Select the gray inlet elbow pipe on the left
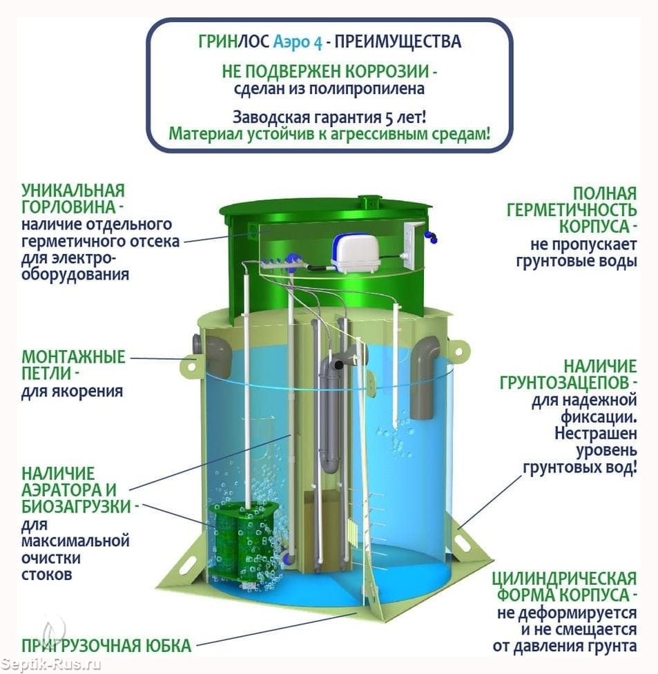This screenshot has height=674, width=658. (215, 354)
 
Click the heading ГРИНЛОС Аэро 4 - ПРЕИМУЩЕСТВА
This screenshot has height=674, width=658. (329, 41)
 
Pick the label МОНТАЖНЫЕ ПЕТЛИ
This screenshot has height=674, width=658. (73, 365)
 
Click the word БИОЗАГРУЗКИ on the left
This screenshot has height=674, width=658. (75, 506)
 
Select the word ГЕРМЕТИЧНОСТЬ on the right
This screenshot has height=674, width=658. (572, 210)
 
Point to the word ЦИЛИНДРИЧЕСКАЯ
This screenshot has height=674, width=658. (564, 578)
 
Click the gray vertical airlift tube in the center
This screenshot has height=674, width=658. (331, 414)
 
